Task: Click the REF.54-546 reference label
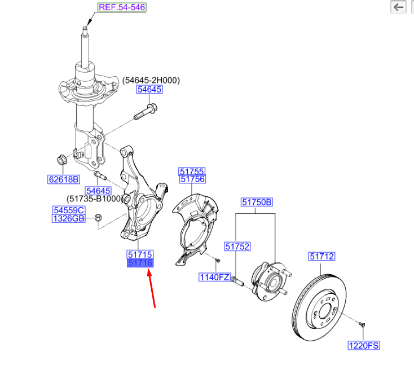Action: [121, 8]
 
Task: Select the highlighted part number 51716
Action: [140, 263]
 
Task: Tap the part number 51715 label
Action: [140, 255]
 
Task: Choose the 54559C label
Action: [69, 210]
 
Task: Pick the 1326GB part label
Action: [69, 218]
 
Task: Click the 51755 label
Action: [192, 171]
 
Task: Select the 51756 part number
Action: [192, 179]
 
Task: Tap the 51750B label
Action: [257, 202]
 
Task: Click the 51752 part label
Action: [237, 247]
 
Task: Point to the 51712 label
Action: [321, 257]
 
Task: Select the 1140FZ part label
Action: [214, 277]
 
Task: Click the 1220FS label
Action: [363, 345]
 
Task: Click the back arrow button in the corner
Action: [399, 7]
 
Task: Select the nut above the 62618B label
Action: [62, 159]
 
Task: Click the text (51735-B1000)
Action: [94, 199]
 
